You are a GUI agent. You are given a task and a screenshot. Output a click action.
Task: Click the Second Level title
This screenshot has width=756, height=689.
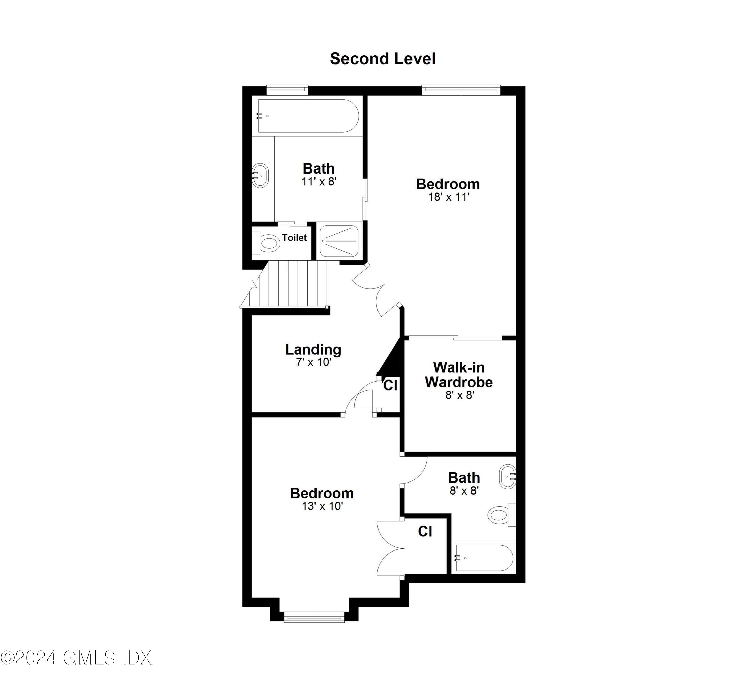point(383,59)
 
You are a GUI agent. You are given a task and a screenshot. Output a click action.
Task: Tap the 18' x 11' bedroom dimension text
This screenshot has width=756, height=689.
point(449,197)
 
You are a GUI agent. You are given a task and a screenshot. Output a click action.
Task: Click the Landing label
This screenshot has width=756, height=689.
point(313,349)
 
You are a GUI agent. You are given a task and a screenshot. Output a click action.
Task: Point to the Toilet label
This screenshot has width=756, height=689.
point(294,237)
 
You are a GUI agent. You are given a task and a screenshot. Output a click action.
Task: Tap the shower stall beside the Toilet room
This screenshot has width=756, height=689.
point(339,241)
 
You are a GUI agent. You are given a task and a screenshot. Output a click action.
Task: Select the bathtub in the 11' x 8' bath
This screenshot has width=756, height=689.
point(307,116)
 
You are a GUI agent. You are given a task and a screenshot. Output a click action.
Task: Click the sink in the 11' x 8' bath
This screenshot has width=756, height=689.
point(260,175)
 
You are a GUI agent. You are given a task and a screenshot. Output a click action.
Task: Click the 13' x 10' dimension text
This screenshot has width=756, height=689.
point(322,506)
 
